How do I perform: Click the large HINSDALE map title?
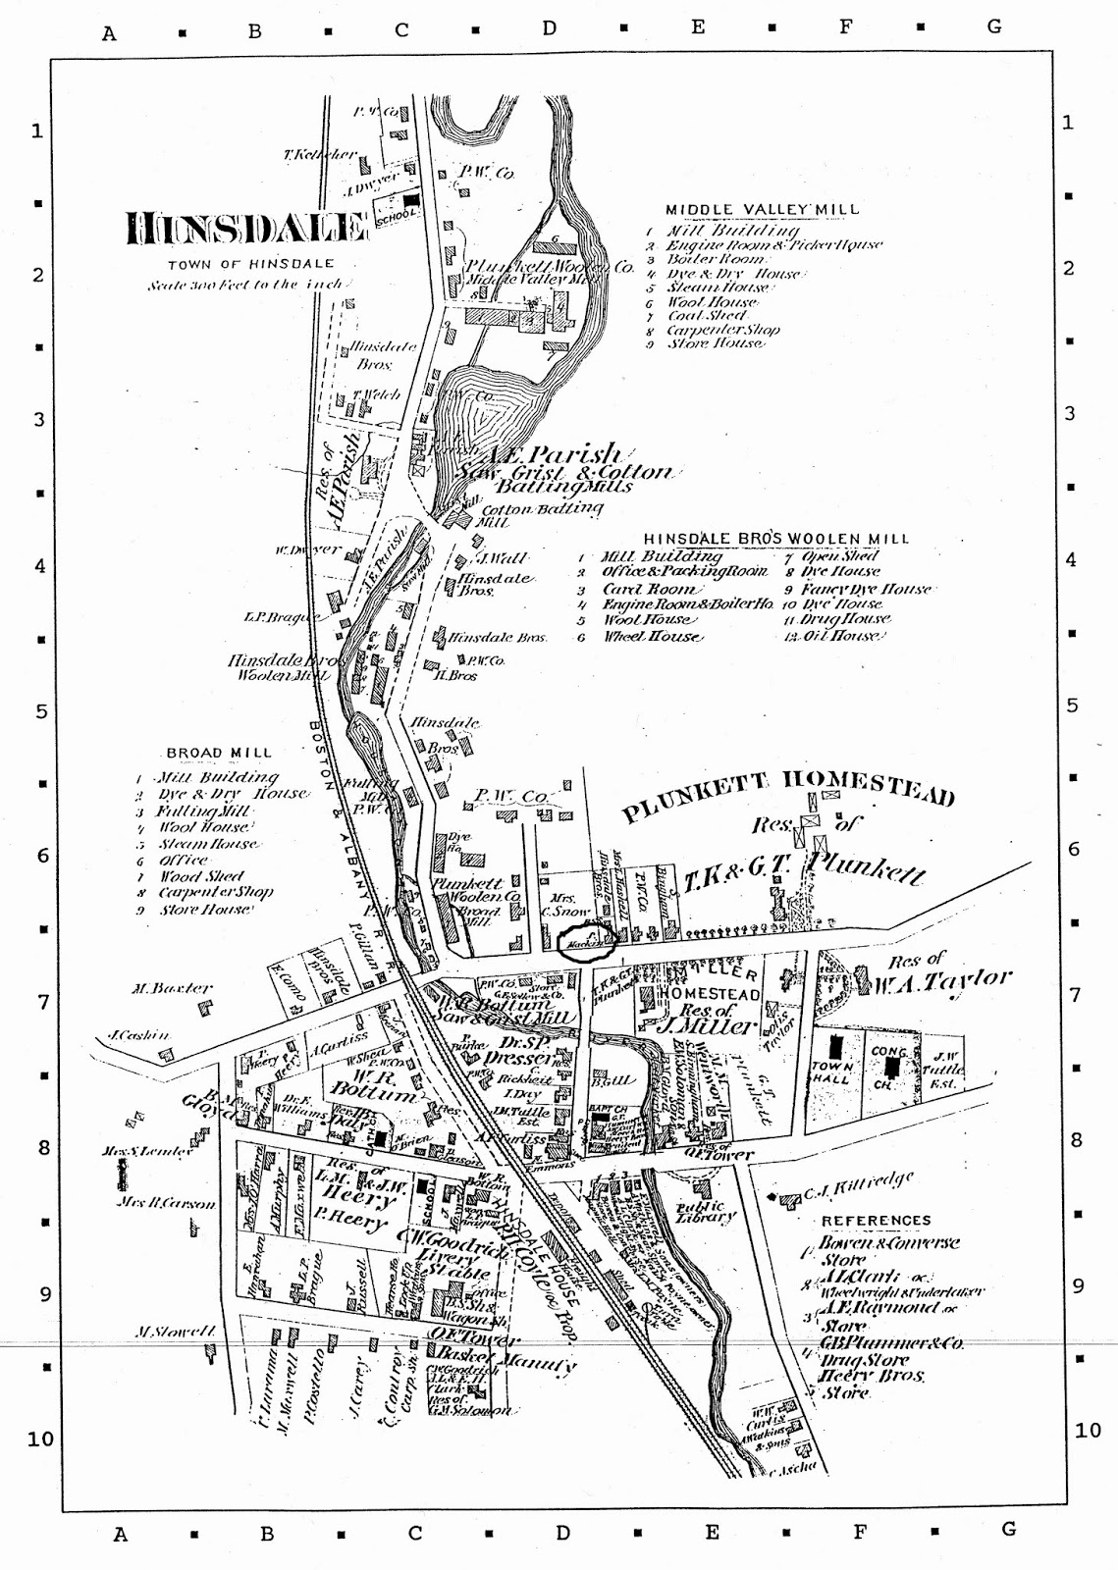click(x=245, y=229)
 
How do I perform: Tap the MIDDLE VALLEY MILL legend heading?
click(x=762, y=209)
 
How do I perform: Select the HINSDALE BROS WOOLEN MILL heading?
click(x=775, y=539)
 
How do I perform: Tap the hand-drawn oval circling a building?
click(x=586, y=942)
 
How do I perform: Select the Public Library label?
click(x=707, y=1212)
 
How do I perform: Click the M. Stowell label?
click(x=175, y=1332)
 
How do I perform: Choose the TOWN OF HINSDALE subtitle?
click(x=250, y=264)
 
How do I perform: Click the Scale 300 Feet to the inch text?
click(x=245, y=286)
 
